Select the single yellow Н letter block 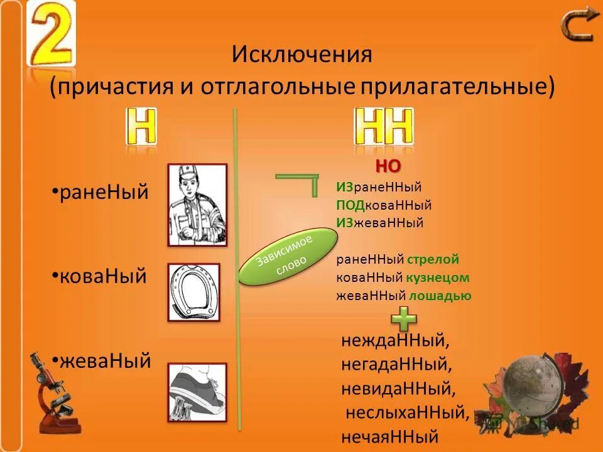click(x=141, y=128)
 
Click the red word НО click(x=388, y=166)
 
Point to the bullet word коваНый click(x=102, y=276)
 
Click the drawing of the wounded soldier click(x=197, y=205)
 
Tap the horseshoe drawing click(x=193, y=293)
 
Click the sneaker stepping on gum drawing click(x=197, y=392)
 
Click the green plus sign click(x=404, y=319)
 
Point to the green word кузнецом click(x=438, y=277)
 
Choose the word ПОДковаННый click(x=384, y=205)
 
